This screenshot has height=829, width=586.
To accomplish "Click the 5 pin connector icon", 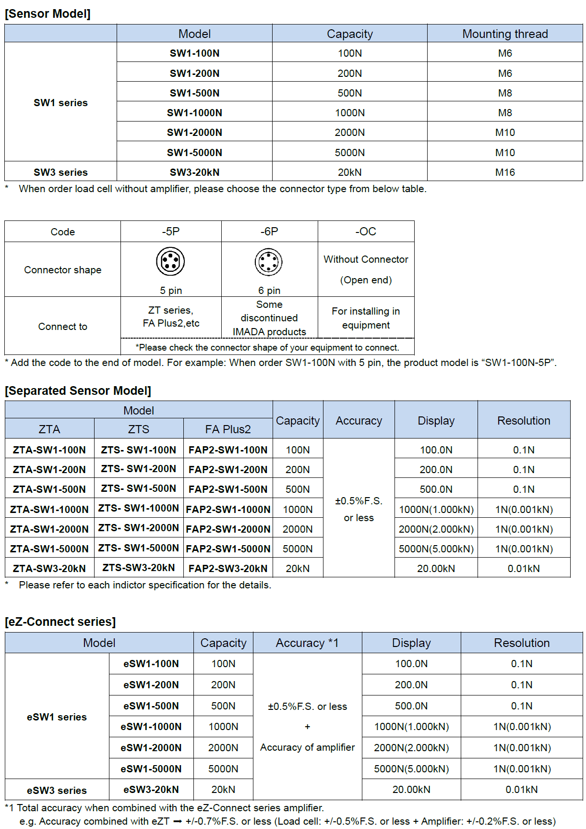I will coord(170,261).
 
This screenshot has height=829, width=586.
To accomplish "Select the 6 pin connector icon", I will coord(269,262).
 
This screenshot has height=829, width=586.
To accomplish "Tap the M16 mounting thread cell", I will coord(505,172).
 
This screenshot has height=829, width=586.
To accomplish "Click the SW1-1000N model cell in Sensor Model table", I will coord(194,113).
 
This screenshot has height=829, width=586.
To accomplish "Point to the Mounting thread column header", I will coord(505,34).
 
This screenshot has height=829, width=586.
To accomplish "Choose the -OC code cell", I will coord(366,232).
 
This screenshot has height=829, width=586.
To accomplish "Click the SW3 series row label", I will coord(60,172).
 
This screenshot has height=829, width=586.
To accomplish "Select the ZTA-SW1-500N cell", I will coord(49,489).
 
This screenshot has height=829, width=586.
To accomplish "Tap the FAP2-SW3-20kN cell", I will coord(228,568).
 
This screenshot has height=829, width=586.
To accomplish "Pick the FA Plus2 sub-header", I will coord(228,429).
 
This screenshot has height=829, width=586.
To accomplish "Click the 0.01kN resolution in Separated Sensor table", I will coord(524,568).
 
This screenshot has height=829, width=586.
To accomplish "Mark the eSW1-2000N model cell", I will coord(151,747).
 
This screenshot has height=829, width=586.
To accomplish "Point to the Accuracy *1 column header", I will coord(307,643).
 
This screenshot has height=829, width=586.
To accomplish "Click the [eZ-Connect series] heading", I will coord(60,622).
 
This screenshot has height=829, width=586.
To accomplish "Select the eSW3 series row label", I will coord(57,790).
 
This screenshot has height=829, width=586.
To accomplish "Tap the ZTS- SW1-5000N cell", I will coord(139,548).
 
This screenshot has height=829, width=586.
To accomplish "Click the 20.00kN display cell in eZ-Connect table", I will coord(411,790).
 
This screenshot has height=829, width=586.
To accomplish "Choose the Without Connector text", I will coord(366,259).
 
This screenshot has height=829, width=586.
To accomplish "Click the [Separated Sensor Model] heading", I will coord(78,390).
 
